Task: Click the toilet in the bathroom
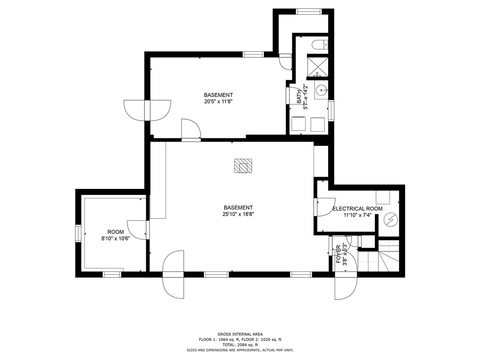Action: click(x=320, y=45)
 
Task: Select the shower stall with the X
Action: click(x=318, y=67)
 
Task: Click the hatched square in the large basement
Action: click(x=243, y=165)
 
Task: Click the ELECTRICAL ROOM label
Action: click(x=357, y=209)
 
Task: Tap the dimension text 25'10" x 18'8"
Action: click(x=238, y=214)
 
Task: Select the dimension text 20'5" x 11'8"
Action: click(x=218, y=101)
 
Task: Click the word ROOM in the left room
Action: click(x=115, y=232)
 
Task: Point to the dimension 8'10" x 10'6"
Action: click(x=116, y=239)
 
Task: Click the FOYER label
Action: click(x=338, y=254)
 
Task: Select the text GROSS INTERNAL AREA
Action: click(x=240, y=334)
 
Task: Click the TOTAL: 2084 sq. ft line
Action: click(x=240, y=345)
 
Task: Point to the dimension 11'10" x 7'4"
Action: click(x=358, y=215)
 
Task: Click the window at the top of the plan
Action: click(x=308, y=12)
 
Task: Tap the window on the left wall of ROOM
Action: click(x=78, y=233)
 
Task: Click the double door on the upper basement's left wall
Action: click(x=147, y=110)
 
